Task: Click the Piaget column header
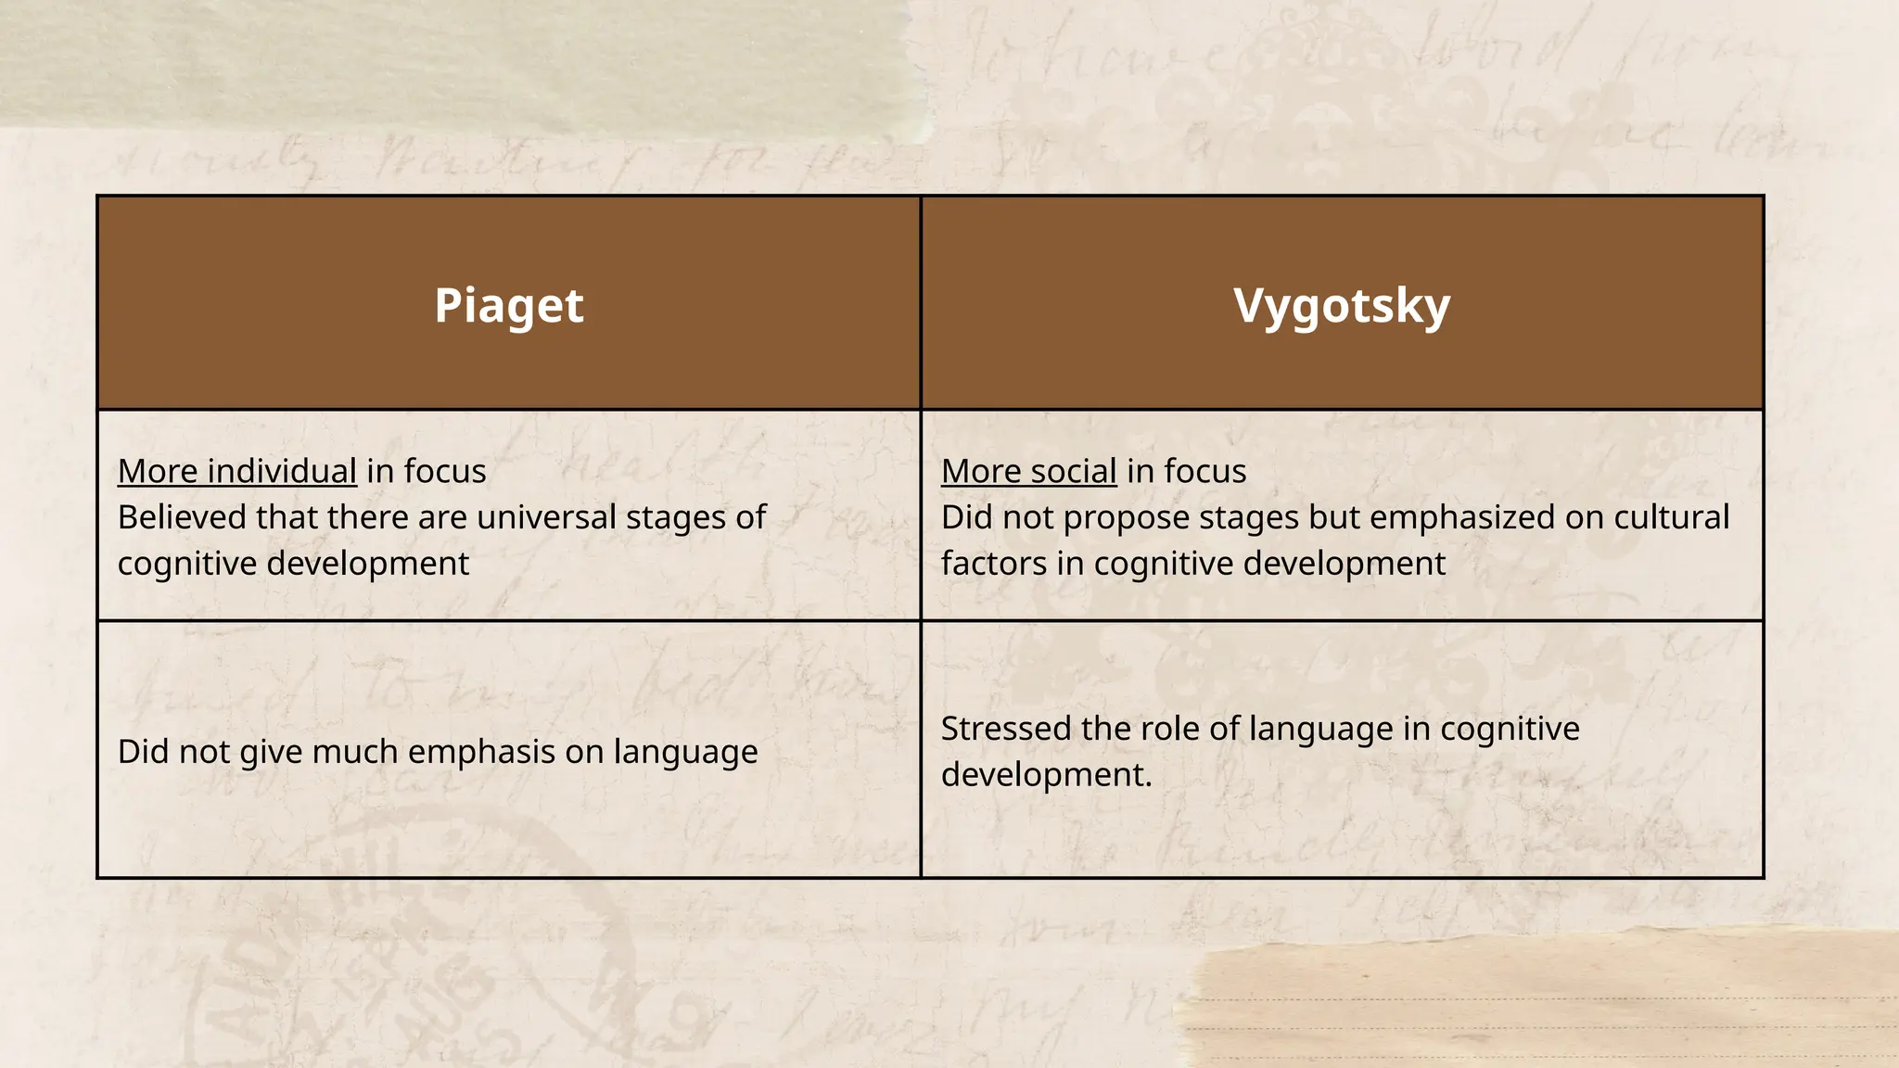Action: pos(508,306)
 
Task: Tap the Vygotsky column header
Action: pos(1341,306)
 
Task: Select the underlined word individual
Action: pos(282,471)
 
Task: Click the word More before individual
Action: pos(157,471)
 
